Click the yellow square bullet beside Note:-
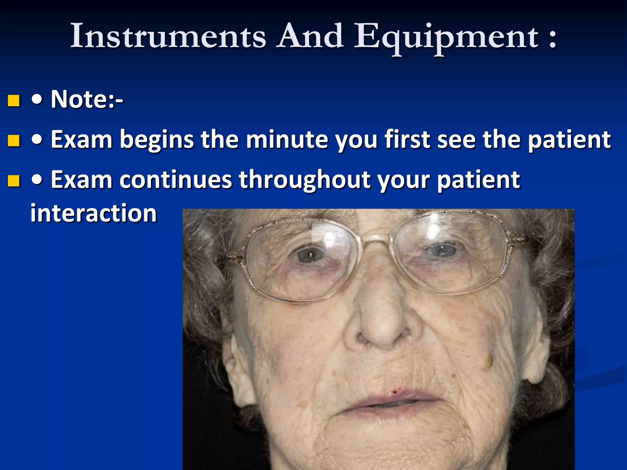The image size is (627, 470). [14, 100]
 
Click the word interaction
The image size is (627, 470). [94, 213]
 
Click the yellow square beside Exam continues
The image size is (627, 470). [14, 181]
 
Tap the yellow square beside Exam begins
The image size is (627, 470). [14, 141]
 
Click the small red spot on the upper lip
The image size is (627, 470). [395, 392]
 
